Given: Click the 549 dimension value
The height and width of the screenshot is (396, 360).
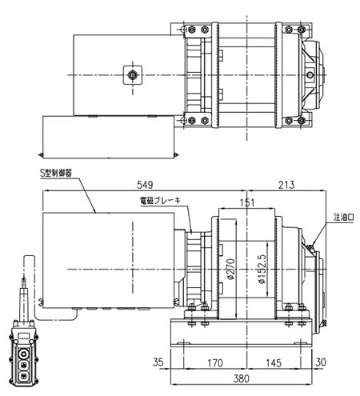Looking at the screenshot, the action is tap(145, 185).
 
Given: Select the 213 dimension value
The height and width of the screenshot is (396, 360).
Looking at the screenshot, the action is tap(286, 185).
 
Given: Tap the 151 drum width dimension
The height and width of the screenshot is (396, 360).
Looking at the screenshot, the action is tap(247, 202).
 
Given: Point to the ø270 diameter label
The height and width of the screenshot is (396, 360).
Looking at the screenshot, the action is tap(231, 269).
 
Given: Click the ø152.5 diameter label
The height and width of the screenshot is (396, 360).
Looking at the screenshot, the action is tap(262, 269).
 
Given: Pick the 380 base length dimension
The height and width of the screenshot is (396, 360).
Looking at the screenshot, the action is tap(242, 378).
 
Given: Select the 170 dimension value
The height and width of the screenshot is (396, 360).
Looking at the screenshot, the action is tap(215, 363).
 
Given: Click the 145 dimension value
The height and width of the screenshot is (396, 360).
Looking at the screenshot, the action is tap(274, 363).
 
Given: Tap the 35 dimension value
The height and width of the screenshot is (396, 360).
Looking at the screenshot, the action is tap(158, 362).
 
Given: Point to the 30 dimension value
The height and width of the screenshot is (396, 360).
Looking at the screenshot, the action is tap(321, 362).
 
